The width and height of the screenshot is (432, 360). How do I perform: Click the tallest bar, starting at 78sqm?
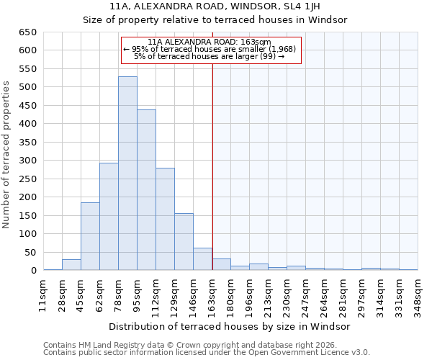[x=127, y=174]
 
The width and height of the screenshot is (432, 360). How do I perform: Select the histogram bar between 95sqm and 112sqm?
[x=146, y=190]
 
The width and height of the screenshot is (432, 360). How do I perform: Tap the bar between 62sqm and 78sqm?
[x=109, y=217]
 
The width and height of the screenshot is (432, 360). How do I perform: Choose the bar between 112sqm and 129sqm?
[x=165, y=219]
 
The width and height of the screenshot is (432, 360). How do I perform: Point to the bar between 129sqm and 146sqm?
[x=184, y=242]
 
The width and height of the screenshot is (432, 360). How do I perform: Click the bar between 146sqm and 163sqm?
[x=202, y=259]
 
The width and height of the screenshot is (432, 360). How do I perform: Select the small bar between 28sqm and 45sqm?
[x=71, y=265]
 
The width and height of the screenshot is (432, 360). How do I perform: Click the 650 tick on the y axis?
[x=28, y=32]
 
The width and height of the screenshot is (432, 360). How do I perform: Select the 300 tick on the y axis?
[x=28, y=161]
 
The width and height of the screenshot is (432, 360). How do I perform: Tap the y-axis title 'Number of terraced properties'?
[x=6, y=155]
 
